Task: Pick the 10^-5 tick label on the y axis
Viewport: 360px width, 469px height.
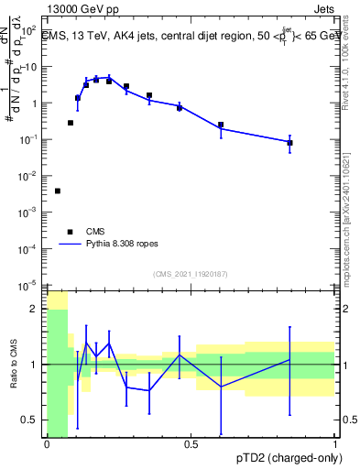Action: point(30,283)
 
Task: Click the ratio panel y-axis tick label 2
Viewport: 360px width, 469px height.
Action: point(35,309)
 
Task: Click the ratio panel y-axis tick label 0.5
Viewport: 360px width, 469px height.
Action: point(30,420)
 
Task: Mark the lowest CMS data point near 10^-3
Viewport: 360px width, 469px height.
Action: point(58,191)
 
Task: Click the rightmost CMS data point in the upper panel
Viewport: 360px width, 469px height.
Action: point(289,143)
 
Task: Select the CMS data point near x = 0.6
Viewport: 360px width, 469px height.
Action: point(221,125)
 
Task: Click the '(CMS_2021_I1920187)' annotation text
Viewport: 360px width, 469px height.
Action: point(191,274)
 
